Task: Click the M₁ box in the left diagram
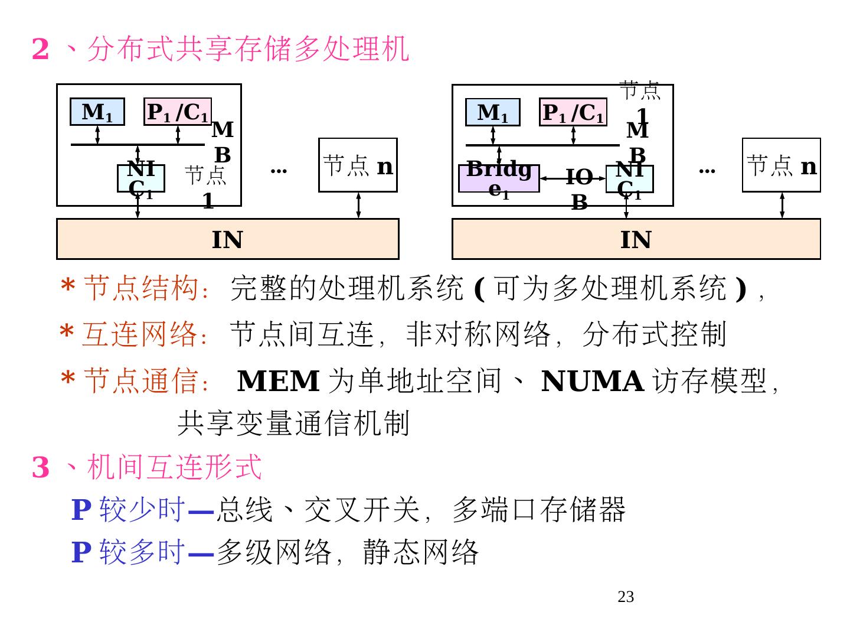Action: point(97,112)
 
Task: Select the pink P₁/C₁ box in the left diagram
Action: point(178,112)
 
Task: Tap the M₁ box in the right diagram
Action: point(492,112)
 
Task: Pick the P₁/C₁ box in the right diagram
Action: point(573,112)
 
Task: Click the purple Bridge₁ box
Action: point(499,178)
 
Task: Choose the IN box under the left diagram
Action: point(227,239)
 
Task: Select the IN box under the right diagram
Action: point(636,239)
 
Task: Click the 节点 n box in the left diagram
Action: point(358,165)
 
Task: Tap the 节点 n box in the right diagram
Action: point(781,165)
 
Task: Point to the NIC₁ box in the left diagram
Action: point(140,178)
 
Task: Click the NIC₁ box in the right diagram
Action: point(629,179)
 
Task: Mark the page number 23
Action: point(626,597)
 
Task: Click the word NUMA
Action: point(592,381)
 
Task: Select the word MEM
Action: point(278,381)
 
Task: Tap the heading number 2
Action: point(40,48)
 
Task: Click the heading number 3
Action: point(40,467)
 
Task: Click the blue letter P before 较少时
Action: point(81,509)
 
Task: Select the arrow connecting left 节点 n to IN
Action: point(358,205)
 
